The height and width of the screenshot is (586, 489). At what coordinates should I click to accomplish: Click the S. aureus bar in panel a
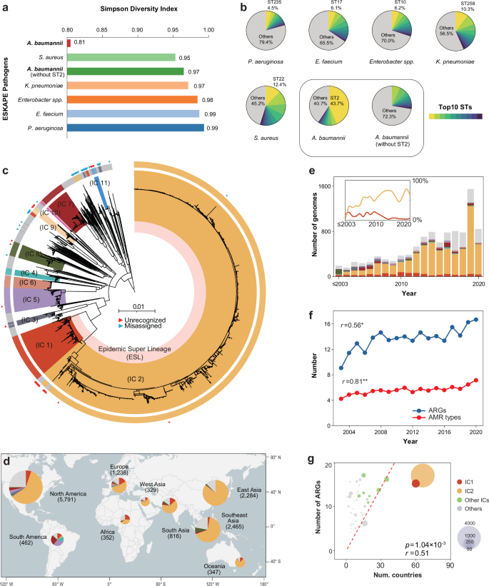pos(121,57)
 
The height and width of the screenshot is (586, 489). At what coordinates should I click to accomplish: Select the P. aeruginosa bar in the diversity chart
pos(135,128)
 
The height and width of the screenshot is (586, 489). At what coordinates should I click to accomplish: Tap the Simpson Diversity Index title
pos(136,14)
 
